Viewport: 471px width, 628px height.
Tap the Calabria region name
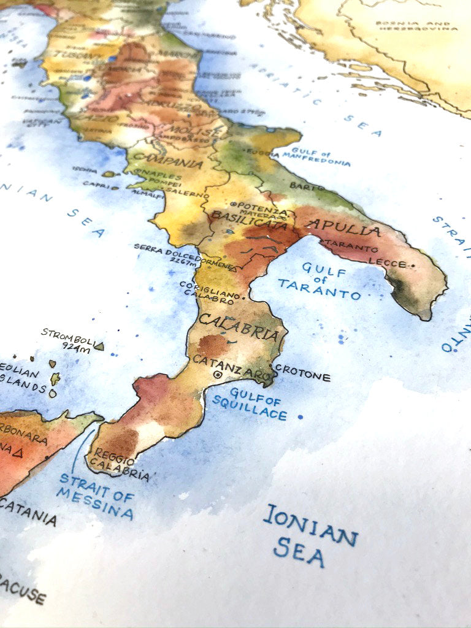(240, 327)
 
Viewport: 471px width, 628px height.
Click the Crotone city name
(302, 373)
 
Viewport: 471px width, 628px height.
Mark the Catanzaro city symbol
(218, 373)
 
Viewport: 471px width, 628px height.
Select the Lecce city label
(388, 264)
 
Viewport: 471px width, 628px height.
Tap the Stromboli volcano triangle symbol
(99, 347)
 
